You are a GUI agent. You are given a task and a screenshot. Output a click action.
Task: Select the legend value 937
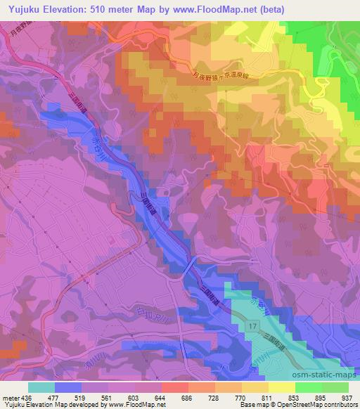click(x=346, y=397)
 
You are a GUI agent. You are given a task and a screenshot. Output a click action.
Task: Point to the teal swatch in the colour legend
click(x=41, y=387)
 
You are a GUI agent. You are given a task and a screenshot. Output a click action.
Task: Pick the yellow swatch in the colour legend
click(x=282, y=387)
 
